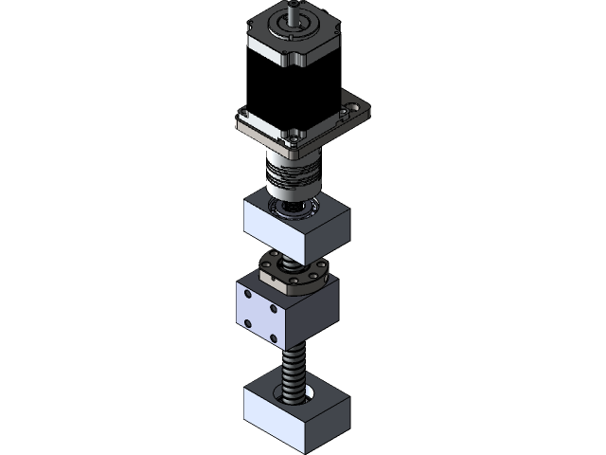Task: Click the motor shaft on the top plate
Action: point(296,11)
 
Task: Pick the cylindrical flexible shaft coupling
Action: point(292,175)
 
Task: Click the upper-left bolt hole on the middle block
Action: point(248,295)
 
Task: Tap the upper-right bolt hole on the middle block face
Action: point(275,308)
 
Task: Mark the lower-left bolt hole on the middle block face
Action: point(248,322)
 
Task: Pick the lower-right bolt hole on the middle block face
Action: point(275,337)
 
